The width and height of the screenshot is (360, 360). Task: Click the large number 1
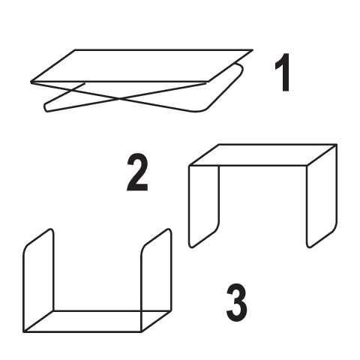pyautogui.click(x=283, y=73)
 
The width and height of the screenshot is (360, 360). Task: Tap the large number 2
pyautogui.click(x=137, y=172)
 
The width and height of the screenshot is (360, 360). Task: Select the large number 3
pyautogui.click(x=236, y=303)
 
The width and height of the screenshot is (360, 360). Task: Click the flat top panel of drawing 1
pyautogui.click(x=142, y=66)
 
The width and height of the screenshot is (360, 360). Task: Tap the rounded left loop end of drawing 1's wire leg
pyautogui.click(x=46, y=107)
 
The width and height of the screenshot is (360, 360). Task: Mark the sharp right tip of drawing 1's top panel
pyautogui.click(x=253, y=50)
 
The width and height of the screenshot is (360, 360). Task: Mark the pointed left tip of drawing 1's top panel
pyautogui.click(x=31, y=82)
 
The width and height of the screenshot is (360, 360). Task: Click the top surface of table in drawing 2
pyautogui.click(x=263, y=154)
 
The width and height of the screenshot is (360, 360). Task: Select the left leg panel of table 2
pyautogui.click(x=204, y=205)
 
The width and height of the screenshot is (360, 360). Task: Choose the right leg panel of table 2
pyautogui.click(x=322, y=196)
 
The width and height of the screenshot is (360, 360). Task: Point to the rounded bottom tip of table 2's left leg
pyautogui.click(x=191, y=247)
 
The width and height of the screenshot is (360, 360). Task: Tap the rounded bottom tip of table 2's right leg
pyautogui.click(x=309, y=247)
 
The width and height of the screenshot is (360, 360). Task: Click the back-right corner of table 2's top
pyautogui.click(x=336, y=145)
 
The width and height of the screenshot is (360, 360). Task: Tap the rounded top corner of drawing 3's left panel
pyautogui.click(x=51, y=229)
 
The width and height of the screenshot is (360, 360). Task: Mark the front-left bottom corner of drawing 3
pyautogui.click(x=24, y=332)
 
